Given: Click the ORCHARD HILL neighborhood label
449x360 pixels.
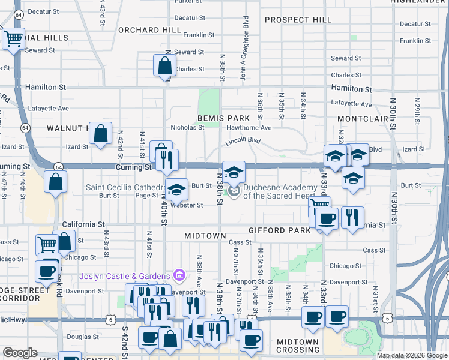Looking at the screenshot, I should [149, 30].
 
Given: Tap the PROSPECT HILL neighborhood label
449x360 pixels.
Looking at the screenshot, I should [298, 20].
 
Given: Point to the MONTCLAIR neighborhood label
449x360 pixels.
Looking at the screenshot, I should [363, 119].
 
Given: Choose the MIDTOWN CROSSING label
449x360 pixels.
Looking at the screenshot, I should [298, 346].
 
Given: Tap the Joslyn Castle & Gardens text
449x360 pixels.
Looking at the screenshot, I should [125, 276].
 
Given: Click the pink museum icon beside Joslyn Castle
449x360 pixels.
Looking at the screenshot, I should [178, 276].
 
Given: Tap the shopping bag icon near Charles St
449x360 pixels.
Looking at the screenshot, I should [164, 66].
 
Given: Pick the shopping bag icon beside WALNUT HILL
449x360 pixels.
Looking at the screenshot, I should [101, 134].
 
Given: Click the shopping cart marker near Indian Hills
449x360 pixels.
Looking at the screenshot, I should [13, 40].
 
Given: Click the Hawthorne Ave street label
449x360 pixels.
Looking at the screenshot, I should [249, 128].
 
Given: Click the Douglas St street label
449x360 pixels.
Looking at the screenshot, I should [79, 337].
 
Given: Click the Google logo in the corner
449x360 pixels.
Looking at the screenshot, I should [20, 353].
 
